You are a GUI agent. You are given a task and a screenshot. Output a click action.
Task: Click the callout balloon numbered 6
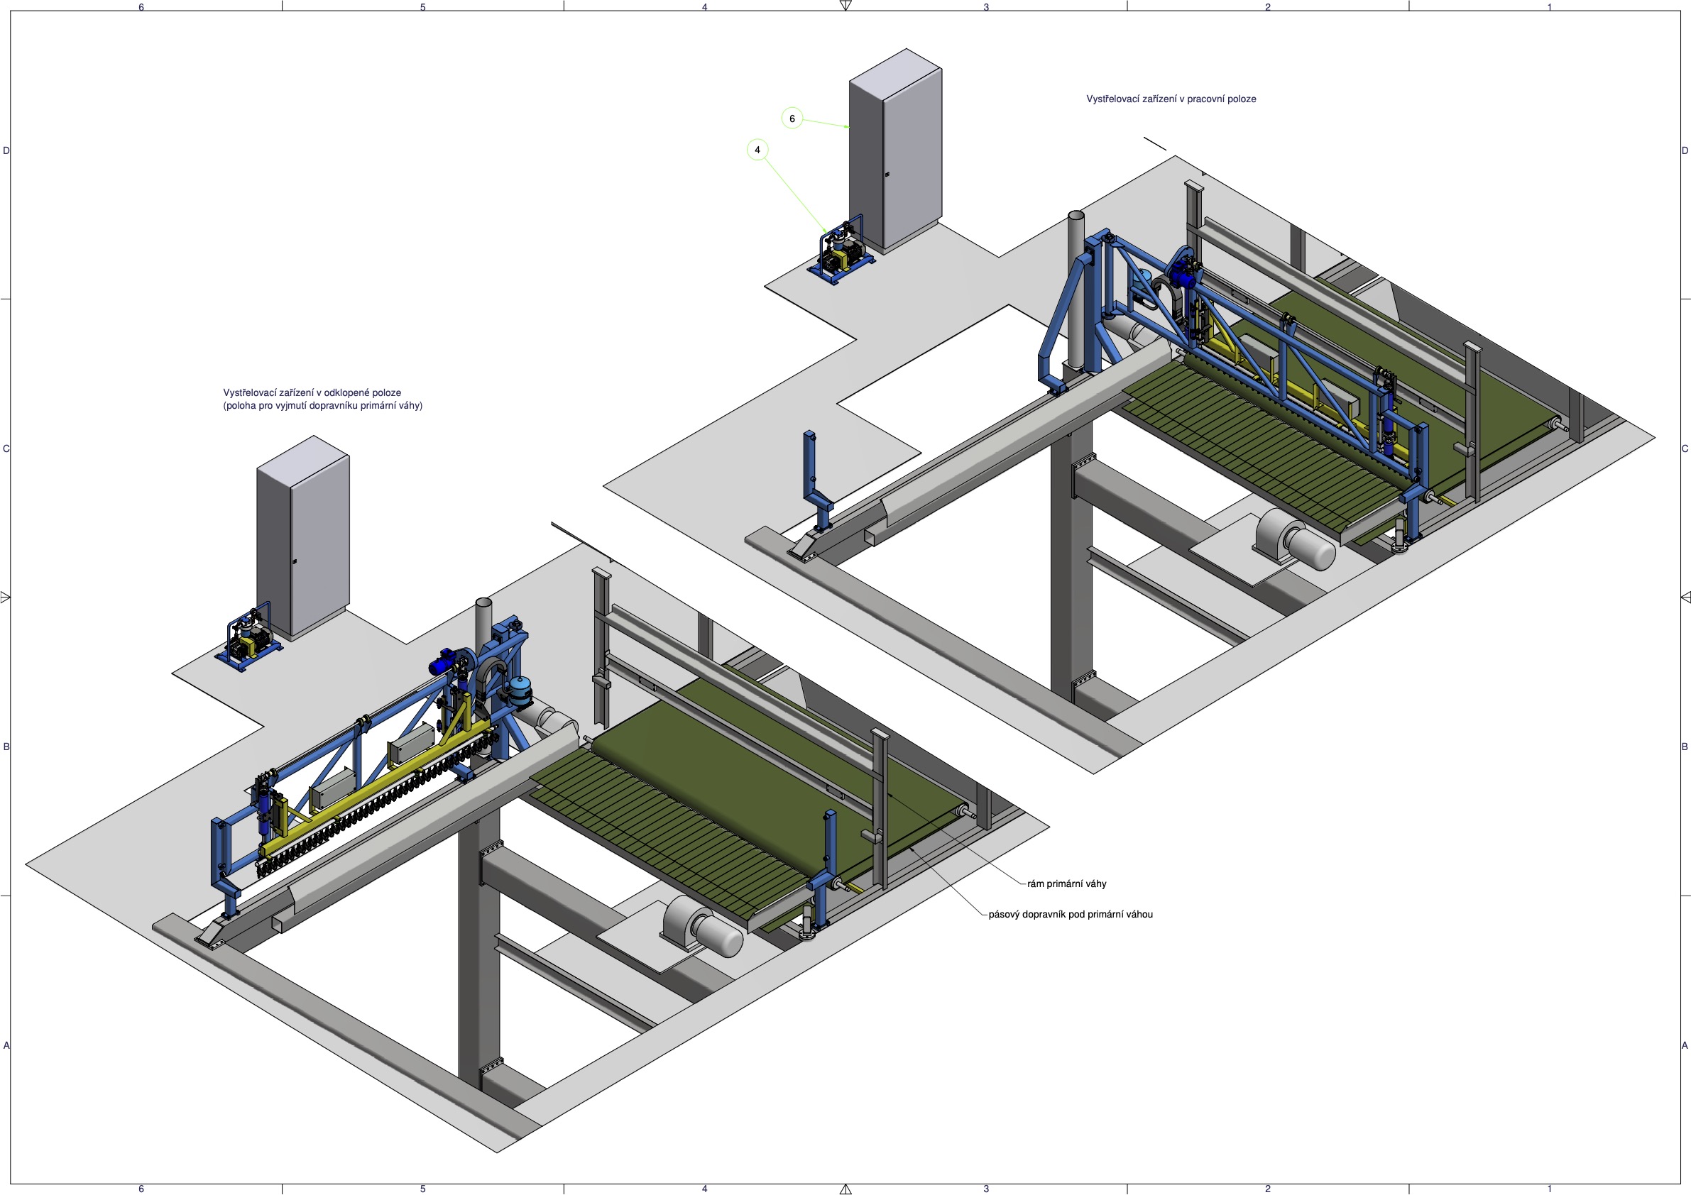pyautogui.click(x=792, y=119)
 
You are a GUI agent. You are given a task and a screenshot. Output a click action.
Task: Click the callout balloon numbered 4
pyautogui.click(x=757, y=150)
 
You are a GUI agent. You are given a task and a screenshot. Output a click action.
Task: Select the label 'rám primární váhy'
pyautogui.click(x=1066, y=883)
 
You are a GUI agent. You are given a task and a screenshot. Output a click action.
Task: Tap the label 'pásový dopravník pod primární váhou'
pyautogui.click(x=1070, y=915)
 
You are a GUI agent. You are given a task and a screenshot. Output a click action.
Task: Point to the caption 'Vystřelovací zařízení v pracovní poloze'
pyautogui.click(x=1171, y=99)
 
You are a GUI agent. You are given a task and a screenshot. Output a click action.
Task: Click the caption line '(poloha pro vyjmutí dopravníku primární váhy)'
pyautogui.click(x=322, y=406)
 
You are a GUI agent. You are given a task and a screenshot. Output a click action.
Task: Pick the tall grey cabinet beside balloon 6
pyautogui.click(x=895, y=151)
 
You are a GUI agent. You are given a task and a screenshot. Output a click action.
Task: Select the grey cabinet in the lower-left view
pyautogui.click(x=302, y=537)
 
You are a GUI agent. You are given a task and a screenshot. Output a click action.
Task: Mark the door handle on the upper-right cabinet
pyautogui.click(x=887, y=175)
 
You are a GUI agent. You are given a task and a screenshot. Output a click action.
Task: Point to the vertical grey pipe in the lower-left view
pyautogui.click(x=483, y=626)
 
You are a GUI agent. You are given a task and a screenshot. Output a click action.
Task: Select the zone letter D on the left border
pyautogui.click(x=6, y=151)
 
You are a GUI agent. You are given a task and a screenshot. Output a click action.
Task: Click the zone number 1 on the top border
pyautogui.click(x=1549, y=6)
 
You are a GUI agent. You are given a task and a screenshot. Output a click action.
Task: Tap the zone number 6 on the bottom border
pyautogui.click(x=141, y=1189)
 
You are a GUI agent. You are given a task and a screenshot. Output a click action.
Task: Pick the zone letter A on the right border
pyautogui.click(x=1685, y=1045)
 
